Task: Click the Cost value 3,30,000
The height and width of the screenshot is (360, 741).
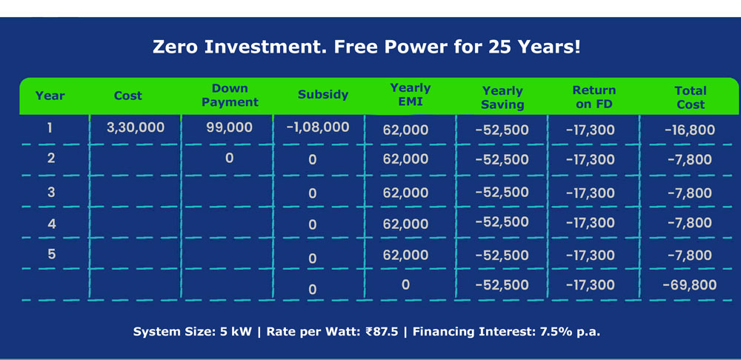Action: tap(136, 127)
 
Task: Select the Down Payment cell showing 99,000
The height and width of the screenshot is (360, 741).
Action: tap(229, 127)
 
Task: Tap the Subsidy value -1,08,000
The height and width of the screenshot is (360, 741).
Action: tap(318, 127)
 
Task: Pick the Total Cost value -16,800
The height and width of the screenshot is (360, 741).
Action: tap(690, 130)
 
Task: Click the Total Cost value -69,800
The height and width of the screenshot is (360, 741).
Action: tap(690, 285)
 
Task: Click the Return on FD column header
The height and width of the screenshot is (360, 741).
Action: tap(594, 97)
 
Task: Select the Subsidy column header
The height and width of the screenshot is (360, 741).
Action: tap(323, 95)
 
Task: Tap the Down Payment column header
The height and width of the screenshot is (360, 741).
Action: tap(230, 95)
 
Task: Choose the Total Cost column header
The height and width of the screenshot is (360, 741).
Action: tap(691, 97)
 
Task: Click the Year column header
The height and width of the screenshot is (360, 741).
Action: tap(50, 96)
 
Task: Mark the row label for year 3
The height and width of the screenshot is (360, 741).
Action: tap(51, 193)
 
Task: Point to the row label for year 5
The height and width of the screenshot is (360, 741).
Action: tap(52, 254)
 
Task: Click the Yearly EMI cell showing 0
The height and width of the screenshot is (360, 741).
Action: tap(405, 285)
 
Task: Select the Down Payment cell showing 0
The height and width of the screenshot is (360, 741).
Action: tap(229, 158)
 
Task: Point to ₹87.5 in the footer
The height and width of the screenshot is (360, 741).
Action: tap(382, 332)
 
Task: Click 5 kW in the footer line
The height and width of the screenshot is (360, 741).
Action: tap(236, 332)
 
